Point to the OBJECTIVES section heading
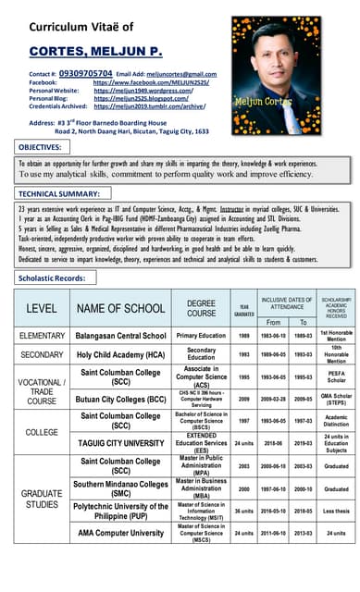tap(39, 147)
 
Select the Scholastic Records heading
tap(51, 277)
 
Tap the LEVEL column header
tap(41, 307)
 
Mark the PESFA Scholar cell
tap(336, 377)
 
